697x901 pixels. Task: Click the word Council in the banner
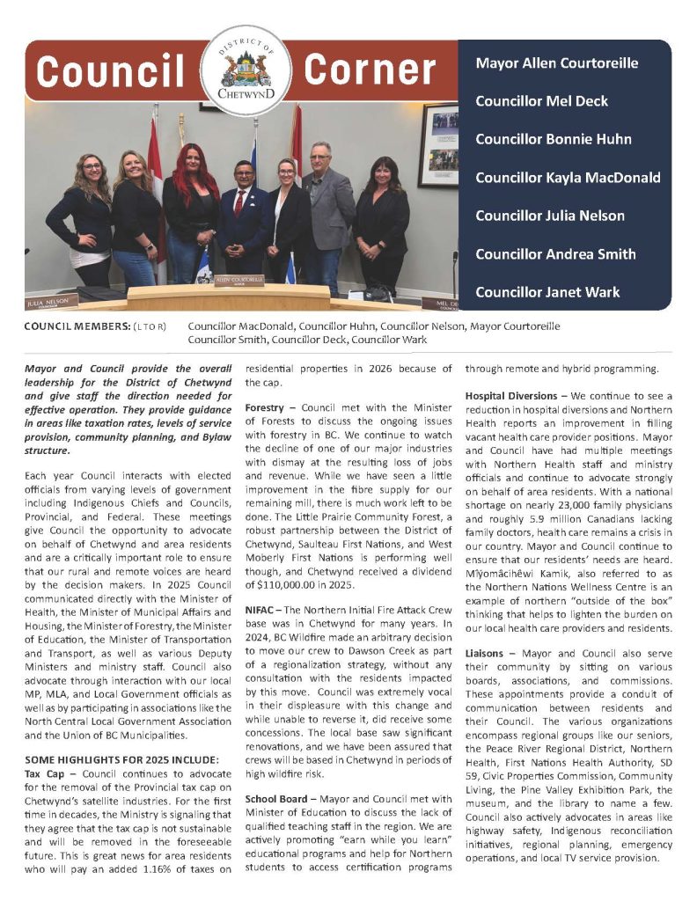(x=112, y=70)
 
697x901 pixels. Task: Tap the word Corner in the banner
(x=370, y=70)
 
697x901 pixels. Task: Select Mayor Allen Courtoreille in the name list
(x=556, y=63)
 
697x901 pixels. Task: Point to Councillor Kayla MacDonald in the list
(x=568, y=178)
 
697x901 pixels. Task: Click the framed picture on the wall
(x=438, y=145)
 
